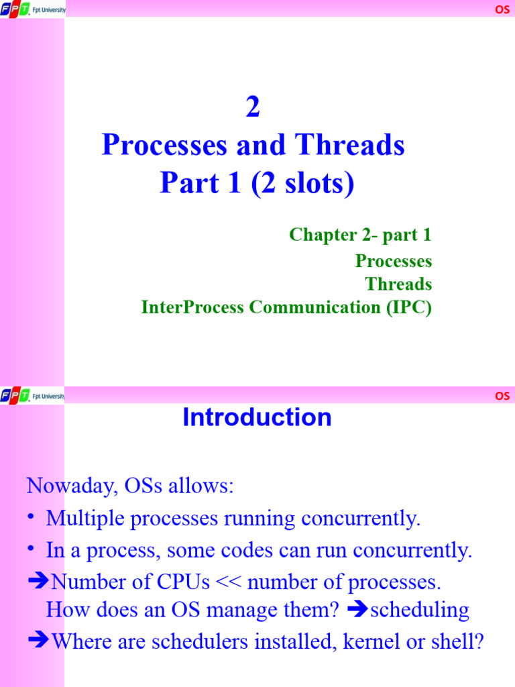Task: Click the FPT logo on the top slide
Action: click(15, 9)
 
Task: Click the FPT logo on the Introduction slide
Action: click(15, 396)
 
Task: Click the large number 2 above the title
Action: click(253, 108)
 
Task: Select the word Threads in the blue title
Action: click(357, 146)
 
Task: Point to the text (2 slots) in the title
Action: click(303, 183)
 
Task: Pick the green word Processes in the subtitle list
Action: click(394, 260)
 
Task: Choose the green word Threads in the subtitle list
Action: click(398, 284)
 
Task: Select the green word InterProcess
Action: click(193, 307)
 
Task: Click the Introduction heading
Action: click(257, 418)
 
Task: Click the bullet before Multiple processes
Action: click(31, 518)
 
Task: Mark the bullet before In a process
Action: click(31, 550)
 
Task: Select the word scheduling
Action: click(419, 610)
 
